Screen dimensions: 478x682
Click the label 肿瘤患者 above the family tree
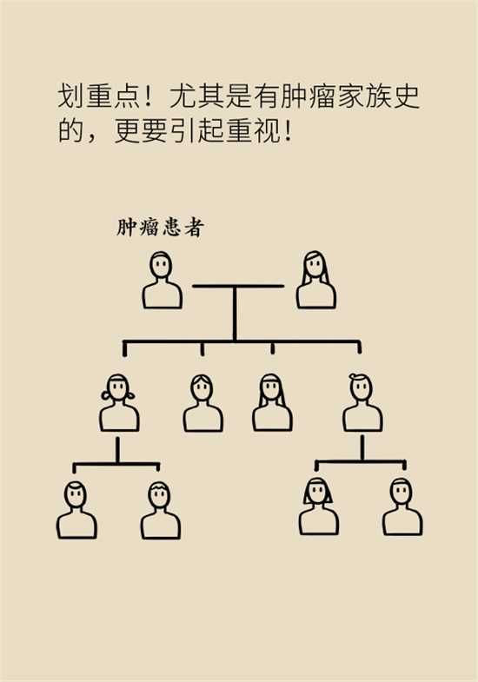[160, 227]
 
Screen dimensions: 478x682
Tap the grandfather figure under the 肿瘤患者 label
[162, 280]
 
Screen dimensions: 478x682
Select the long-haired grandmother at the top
[316, 280]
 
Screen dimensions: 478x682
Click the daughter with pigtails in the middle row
[119, 402]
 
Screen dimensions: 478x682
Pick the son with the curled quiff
[362, 402]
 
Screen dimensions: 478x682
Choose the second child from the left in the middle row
[202, 403]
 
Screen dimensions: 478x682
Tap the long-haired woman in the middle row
[272, 402]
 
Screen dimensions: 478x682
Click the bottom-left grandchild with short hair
[76, 510]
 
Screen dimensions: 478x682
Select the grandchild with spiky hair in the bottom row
[161, 510]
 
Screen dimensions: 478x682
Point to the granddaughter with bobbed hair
[318, 507]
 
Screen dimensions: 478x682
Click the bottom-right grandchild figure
[402, 507]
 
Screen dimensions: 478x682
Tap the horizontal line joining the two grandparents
[238, 286]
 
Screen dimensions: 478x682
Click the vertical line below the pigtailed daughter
[117, 450]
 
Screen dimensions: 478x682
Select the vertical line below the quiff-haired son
[362, 448]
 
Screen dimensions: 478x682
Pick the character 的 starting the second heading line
[71, 130]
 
